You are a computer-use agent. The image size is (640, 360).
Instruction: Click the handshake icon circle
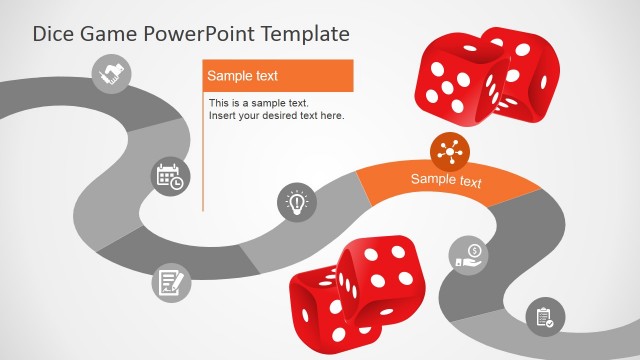click(110, 74)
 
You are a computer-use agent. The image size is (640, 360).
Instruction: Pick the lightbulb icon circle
click(296, 203)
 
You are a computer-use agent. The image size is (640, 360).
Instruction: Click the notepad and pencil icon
click(170, 282)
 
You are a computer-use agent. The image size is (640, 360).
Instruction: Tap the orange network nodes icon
click(450, 152)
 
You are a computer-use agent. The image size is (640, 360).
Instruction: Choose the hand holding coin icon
click(469, 254)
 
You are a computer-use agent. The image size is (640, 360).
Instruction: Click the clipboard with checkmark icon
click(545, 317)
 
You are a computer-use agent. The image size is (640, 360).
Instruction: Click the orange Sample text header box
click(278, 76)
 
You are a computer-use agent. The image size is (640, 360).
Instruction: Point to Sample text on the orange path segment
click(446, 181)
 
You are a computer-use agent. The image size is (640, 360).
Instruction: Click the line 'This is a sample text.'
click(259, 103)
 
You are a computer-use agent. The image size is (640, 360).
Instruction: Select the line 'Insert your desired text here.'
click(276, 116)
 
